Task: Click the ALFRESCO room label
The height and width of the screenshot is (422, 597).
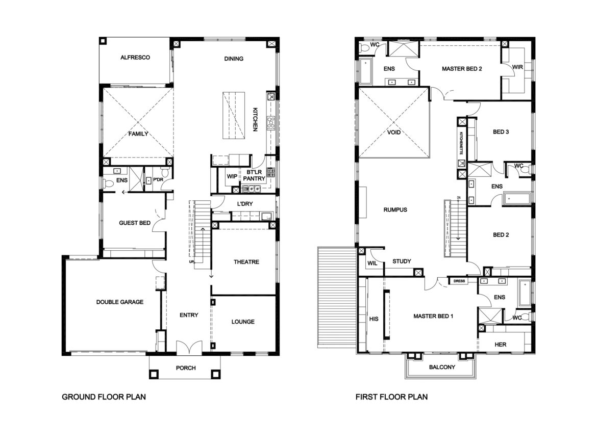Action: (x=135, y=58)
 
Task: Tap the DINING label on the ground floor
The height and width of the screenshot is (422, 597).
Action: (x=234, y=59)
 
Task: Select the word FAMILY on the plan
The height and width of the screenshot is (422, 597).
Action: (x=138, y=134)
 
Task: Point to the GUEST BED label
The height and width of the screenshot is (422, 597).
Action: (x=134, y=223)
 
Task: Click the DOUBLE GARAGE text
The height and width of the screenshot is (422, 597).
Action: (x=120, y=302)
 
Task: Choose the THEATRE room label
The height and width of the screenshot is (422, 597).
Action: (x=246, y=262)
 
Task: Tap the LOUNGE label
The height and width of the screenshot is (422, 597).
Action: (x=243, y=322)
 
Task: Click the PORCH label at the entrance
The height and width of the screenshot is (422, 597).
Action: (x=185, y=368)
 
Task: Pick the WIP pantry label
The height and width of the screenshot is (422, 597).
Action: (x=232, y=176)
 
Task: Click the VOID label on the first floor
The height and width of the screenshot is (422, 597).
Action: (x=394, y=133)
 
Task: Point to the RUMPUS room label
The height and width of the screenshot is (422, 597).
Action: (x=396, y=209)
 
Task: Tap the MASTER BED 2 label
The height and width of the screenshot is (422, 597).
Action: (x=462, y=69)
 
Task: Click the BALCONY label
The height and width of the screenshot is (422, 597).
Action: (x=442, y=366)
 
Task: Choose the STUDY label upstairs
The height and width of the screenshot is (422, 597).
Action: (x=402, y=261)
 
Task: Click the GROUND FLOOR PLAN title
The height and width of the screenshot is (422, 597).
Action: (x=104, y=397)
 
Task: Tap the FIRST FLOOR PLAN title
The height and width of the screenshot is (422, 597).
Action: (x=391, y=397)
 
